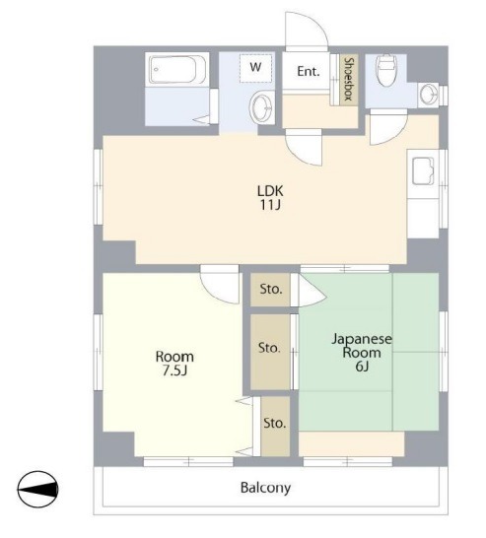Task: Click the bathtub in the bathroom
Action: coord(177,70)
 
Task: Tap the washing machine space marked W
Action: coord(255,68)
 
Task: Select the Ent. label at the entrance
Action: coord(309,72)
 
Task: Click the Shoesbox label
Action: coord(350,79)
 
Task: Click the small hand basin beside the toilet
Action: coord(428,94)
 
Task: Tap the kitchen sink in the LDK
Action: coord(423,170)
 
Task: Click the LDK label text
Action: coord(270,191)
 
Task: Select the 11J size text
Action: coord(270,205)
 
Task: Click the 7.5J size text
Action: coord(174,370)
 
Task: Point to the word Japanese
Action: coord(362,339)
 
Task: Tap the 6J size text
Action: coord(362,367)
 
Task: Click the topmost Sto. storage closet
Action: coord(270,290)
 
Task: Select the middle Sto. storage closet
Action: coord(270,352)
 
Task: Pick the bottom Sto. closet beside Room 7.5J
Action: coord(275,426)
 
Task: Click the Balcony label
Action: coord(265,488)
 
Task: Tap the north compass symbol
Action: coord(37,490)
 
